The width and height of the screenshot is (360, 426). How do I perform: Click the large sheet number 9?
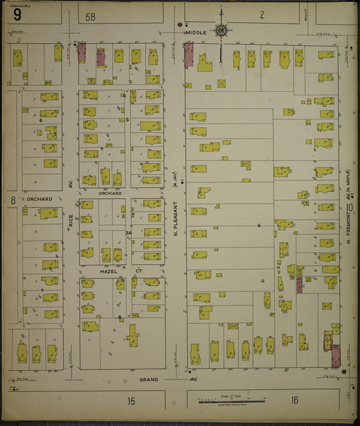(16, 14)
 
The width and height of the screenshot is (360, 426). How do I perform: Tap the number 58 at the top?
(91, 16)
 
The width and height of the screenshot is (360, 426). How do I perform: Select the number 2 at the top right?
(261, 14)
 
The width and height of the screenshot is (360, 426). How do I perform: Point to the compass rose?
(221, 30)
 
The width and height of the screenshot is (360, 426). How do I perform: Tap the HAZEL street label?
(109, 270)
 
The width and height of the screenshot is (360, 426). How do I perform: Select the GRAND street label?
(149, 379)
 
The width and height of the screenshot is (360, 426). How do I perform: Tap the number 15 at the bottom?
(130, 402)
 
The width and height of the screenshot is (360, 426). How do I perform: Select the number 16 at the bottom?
(294, 400)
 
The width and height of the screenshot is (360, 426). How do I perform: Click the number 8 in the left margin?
(12, 200)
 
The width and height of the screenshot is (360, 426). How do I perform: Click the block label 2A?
(128, 233)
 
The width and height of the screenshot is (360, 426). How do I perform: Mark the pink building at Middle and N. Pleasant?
(188, 55)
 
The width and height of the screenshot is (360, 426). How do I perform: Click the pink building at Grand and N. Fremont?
(335, 356)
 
